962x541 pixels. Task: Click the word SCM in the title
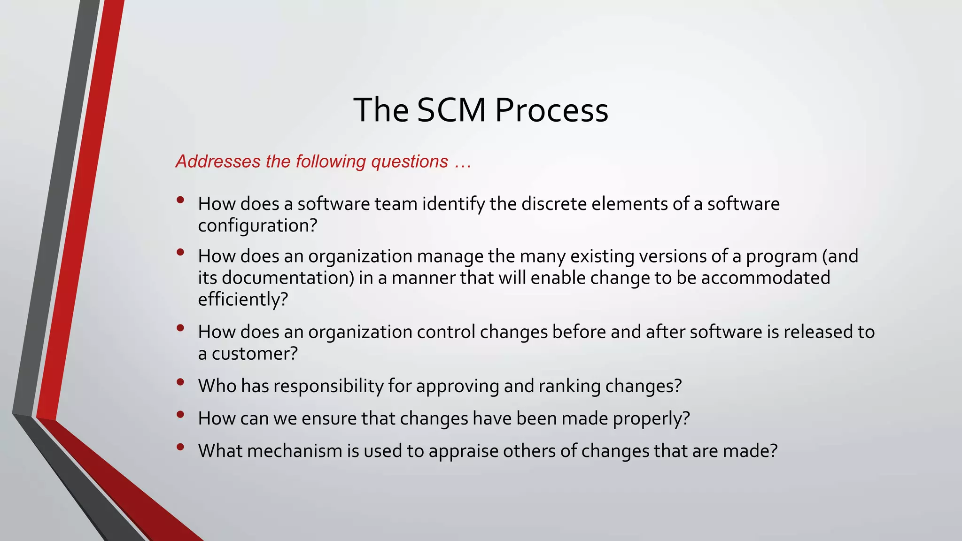451,110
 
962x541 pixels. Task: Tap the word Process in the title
551,110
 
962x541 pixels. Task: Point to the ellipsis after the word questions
463,162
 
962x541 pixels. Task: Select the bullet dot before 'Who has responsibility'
180,383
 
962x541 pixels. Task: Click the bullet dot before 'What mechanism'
180,447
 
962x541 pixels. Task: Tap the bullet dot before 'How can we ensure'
180,415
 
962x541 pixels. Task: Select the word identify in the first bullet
453,204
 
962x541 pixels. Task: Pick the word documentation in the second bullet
287,278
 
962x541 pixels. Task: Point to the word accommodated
766,278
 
